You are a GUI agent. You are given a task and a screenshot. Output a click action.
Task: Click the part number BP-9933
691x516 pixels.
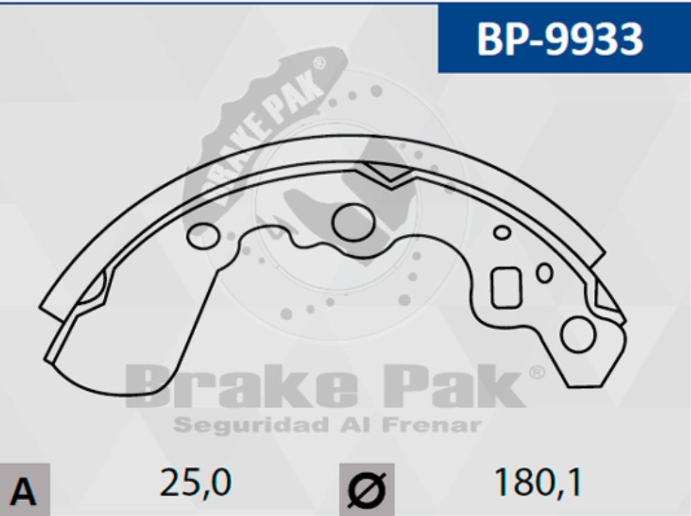pyautogui.click(x=559, y=39)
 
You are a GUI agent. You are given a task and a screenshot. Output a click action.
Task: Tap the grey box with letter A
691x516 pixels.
pyautogui.click(x=24, y=490)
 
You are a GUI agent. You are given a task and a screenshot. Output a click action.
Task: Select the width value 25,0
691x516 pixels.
pyautogui.click(x=195, y=482)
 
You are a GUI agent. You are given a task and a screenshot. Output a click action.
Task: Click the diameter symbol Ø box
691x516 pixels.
pyautogui.click(x=366, y=490)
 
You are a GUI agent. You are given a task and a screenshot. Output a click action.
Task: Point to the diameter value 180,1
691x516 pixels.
pyautogui.click(x=537, y=482)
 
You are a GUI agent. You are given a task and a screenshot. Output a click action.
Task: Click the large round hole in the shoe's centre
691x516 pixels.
pyautogui.click(x=353, y=222)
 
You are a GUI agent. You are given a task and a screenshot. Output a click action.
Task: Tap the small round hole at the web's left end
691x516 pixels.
pyautogui.click(x=202, y=235)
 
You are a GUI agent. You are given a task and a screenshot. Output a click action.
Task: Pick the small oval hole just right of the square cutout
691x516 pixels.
pyautogui.click(x=545, y=273)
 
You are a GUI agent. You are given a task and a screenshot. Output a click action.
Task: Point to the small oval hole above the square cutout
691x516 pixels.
pyautogui.click(x=502, y=232)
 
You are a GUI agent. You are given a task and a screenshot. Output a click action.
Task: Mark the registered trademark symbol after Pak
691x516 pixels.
pyautogui.click(x=537, y=374)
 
